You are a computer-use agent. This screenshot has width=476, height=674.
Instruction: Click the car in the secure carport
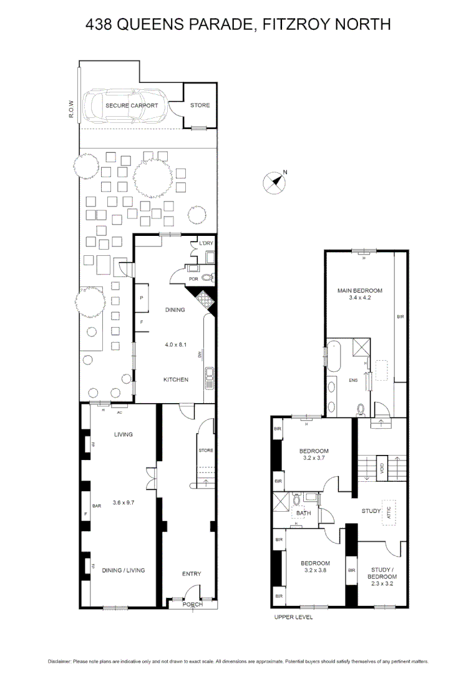(x=128, y=105)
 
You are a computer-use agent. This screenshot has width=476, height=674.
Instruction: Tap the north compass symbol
(x=274, y=182)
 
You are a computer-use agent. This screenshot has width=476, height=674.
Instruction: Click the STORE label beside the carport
(x=200, y=105)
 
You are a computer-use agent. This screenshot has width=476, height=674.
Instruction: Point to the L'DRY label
(x=206, y=243)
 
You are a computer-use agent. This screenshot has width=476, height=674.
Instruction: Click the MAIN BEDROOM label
(x=360, y=290)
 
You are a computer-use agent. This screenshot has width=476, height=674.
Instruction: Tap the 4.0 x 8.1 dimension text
(x=175, y=344)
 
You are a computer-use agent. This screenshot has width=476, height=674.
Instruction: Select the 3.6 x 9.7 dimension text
(x=125, y=502)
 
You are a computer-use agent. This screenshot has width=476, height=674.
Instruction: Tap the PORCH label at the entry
(x=192, y=604)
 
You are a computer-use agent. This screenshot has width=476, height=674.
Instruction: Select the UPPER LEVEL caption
(x=293, y=617)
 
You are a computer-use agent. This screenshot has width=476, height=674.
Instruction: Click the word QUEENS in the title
(x=147, y=24)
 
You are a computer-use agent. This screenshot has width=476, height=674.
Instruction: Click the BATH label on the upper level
(x=304, y=514)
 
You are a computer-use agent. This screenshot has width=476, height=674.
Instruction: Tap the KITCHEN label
(x=175, y=379)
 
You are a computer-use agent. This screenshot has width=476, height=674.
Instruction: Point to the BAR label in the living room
(x=97, y=506)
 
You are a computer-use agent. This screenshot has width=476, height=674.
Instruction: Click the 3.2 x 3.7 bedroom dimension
(x=314, y=459)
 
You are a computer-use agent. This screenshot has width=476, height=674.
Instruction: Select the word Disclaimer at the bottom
(x=60, y=662)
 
